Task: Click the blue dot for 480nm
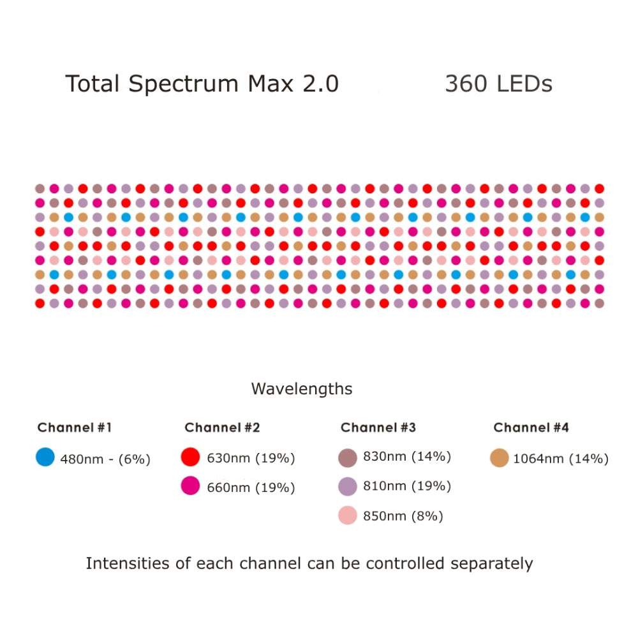(x=45, y=457)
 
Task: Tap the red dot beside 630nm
(x=191, y=457)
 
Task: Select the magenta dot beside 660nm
(x=191, y=486)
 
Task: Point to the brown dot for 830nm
(x=348, y=457)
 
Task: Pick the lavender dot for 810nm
(x=348, y=487)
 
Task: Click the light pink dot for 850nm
(x=348, y=516)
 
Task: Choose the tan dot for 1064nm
(x=500, y=457)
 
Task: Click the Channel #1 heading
(x=75, y=427)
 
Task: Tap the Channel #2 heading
(x=222, y=427)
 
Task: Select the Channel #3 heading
(x=378, y=427)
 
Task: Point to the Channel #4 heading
(x=531, y=427)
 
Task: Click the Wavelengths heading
(x=301, y=389)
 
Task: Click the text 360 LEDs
(x=498, y=84)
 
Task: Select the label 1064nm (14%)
(x=561, y=459)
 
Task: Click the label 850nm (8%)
(x=403, y=516)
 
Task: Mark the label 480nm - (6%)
(x=105, y=459)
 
